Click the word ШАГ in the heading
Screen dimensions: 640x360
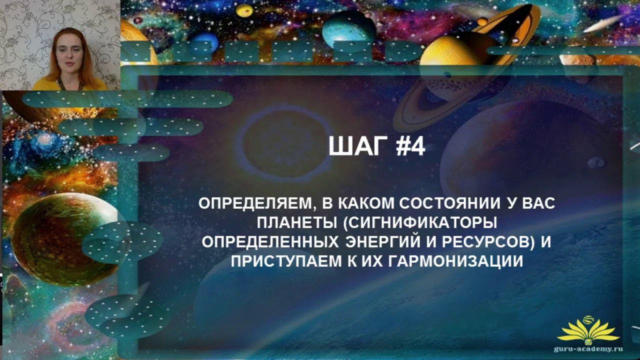coord(358,146)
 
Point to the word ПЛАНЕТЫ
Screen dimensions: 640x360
coord(297,223)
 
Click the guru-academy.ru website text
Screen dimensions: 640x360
coord(588,349)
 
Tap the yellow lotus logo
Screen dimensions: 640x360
coord(588,331)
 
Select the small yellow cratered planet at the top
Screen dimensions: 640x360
coord(244,10)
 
